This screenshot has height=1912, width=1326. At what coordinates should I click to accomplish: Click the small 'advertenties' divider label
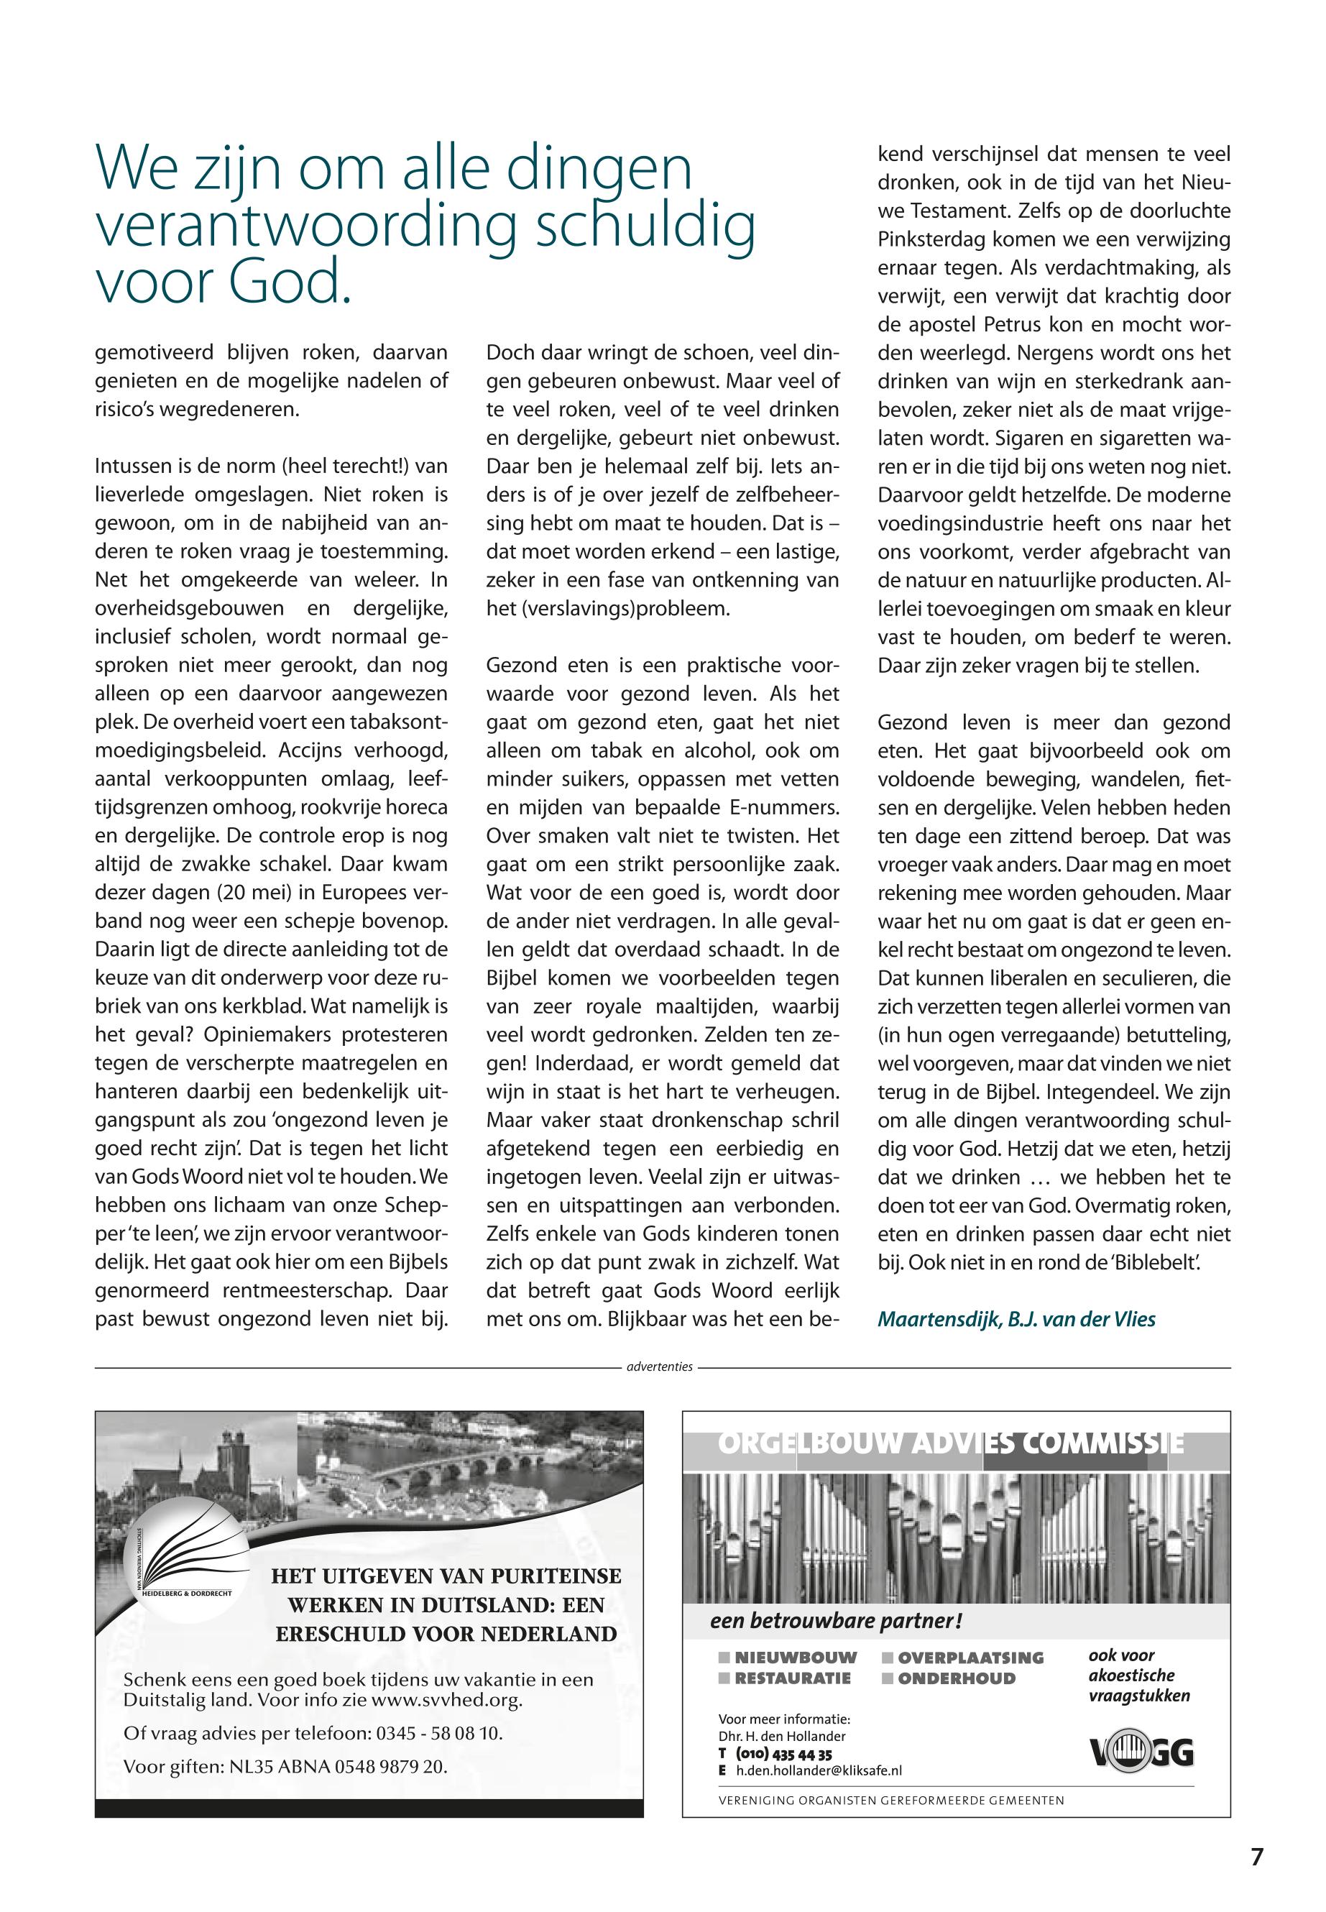pos(660,1366)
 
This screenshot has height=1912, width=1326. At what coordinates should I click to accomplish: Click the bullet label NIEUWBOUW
pos(795,1658)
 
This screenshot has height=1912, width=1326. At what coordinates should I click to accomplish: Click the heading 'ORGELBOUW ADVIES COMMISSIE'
pos(950,1444)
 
